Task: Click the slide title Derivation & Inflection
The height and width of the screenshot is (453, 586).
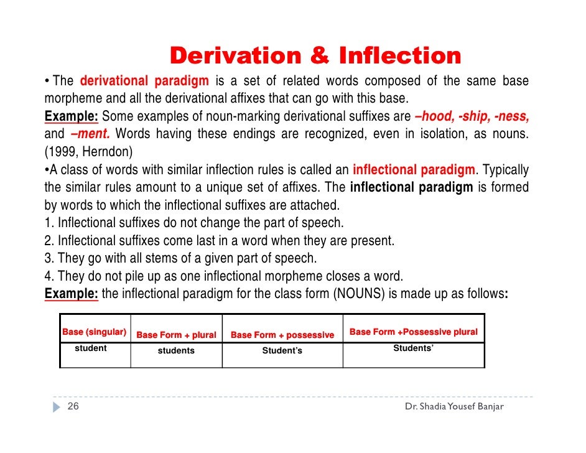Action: [x=315, y=56]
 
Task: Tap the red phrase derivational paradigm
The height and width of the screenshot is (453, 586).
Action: [x=144, y=82]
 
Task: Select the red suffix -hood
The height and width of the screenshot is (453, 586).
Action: [x=434, y=116]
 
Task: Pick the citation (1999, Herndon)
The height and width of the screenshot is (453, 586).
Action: [x=88, y=151]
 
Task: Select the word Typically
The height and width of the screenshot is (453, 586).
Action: [x=505, y=170]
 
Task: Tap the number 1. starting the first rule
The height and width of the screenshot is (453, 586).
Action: [x=49, y=223]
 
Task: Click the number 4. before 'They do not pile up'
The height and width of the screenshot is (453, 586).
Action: [x=49, y=276]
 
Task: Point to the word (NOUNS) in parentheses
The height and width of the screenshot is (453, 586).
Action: [x=359, y=294]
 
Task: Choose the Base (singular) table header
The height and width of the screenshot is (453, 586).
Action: [x=95, y=332]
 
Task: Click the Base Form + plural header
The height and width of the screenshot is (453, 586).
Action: [x=176, y=335]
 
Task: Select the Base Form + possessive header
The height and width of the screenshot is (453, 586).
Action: [x=282, y=335]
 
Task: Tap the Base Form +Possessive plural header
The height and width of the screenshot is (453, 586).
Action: [x=414, y=332]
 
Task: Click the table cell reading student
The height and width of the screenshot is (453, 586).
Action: [x=91, y=348]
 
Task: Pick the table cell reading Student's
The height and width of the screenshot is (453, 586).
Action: [x=282, y=351]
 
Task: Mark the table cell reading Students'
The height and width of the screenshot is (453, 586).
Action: [x=414, y=348]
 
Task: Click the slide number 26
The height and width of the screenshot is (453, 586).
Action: [x=73, y=407]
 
